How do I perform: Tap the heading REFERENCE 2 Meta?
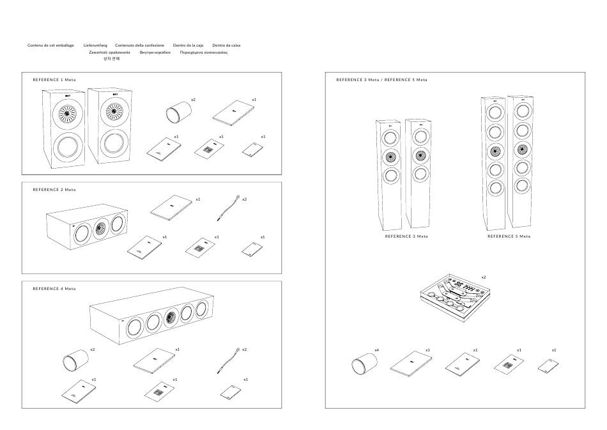54,190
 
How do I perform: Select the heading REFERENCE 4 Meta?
54,289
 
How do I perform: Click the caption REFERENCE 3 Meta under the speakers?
406,236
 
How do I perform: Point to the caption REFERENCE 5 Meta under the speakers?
509,236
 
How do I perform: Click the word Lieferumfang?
95,45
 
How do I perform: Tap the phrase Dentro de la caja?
188,45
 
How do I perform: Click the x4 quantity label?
377,350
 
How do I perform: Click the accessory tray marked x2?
454,295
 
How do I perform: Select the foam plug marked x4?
363,366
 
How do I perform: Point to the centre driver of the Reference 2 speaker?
99,227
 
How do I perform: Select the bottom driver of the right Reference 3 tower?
419,174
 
